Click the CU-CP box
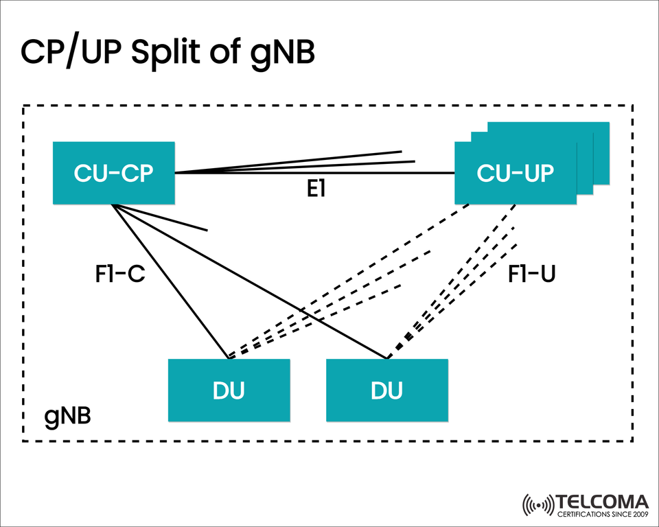click(x=114, y=173)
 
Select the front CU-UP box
click(x=515, y=173)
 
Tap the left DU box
click(x=229, y=390)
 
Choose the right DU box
click(x=386, y=390)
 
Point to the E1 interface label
click(x=315, y=190)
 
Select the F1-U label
click(x=531, y=273)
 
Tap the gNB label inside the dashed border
click(x=68, y=417)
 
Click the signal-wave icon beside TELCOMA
click(x=537, y=506)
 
